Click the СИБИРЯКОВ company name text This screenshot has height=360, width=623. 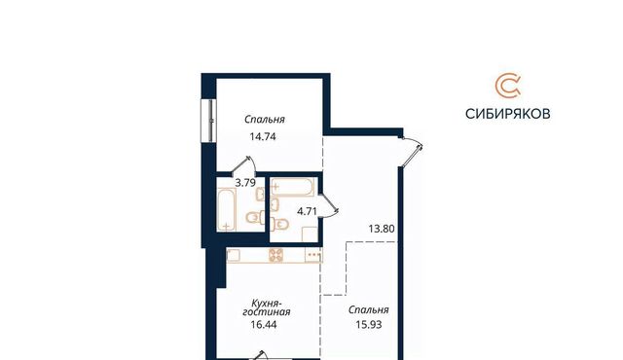pos(508,114)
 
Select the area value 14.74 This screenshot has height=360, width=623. pos(263,136)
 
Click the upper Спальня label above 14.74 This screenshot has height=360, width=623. pos(265,119)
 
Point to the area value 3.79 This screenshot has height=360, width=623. pos(245,183)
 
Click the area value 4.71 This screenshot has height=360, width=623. pos(308,211)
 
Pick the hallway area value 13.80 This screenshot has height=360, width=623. pos(382,229)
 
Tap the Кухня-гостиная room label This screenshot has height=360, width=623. pos(266,307)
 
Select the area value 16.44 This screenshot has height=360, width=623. pos(264,325)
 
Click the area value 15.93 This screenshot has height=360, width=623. pos(369,325)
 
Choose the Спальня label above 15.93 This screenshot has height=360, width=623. pos(368,309)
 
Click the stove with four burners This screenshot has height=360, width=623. pos(275,255)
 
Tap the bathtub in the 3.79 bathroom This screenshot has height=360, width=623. pos(227,209)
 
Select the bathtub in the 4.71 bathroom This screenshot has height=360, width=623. pos(292,187)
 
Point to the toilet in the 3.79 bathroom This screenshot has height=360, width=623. pos(254,217)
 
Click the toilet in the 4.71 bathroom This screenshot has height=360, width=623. pos(279,225)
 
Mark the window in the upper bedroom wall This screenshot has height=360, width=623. pos(208,121)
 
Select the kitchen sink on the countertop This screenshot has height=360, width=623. pos(233,255)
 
